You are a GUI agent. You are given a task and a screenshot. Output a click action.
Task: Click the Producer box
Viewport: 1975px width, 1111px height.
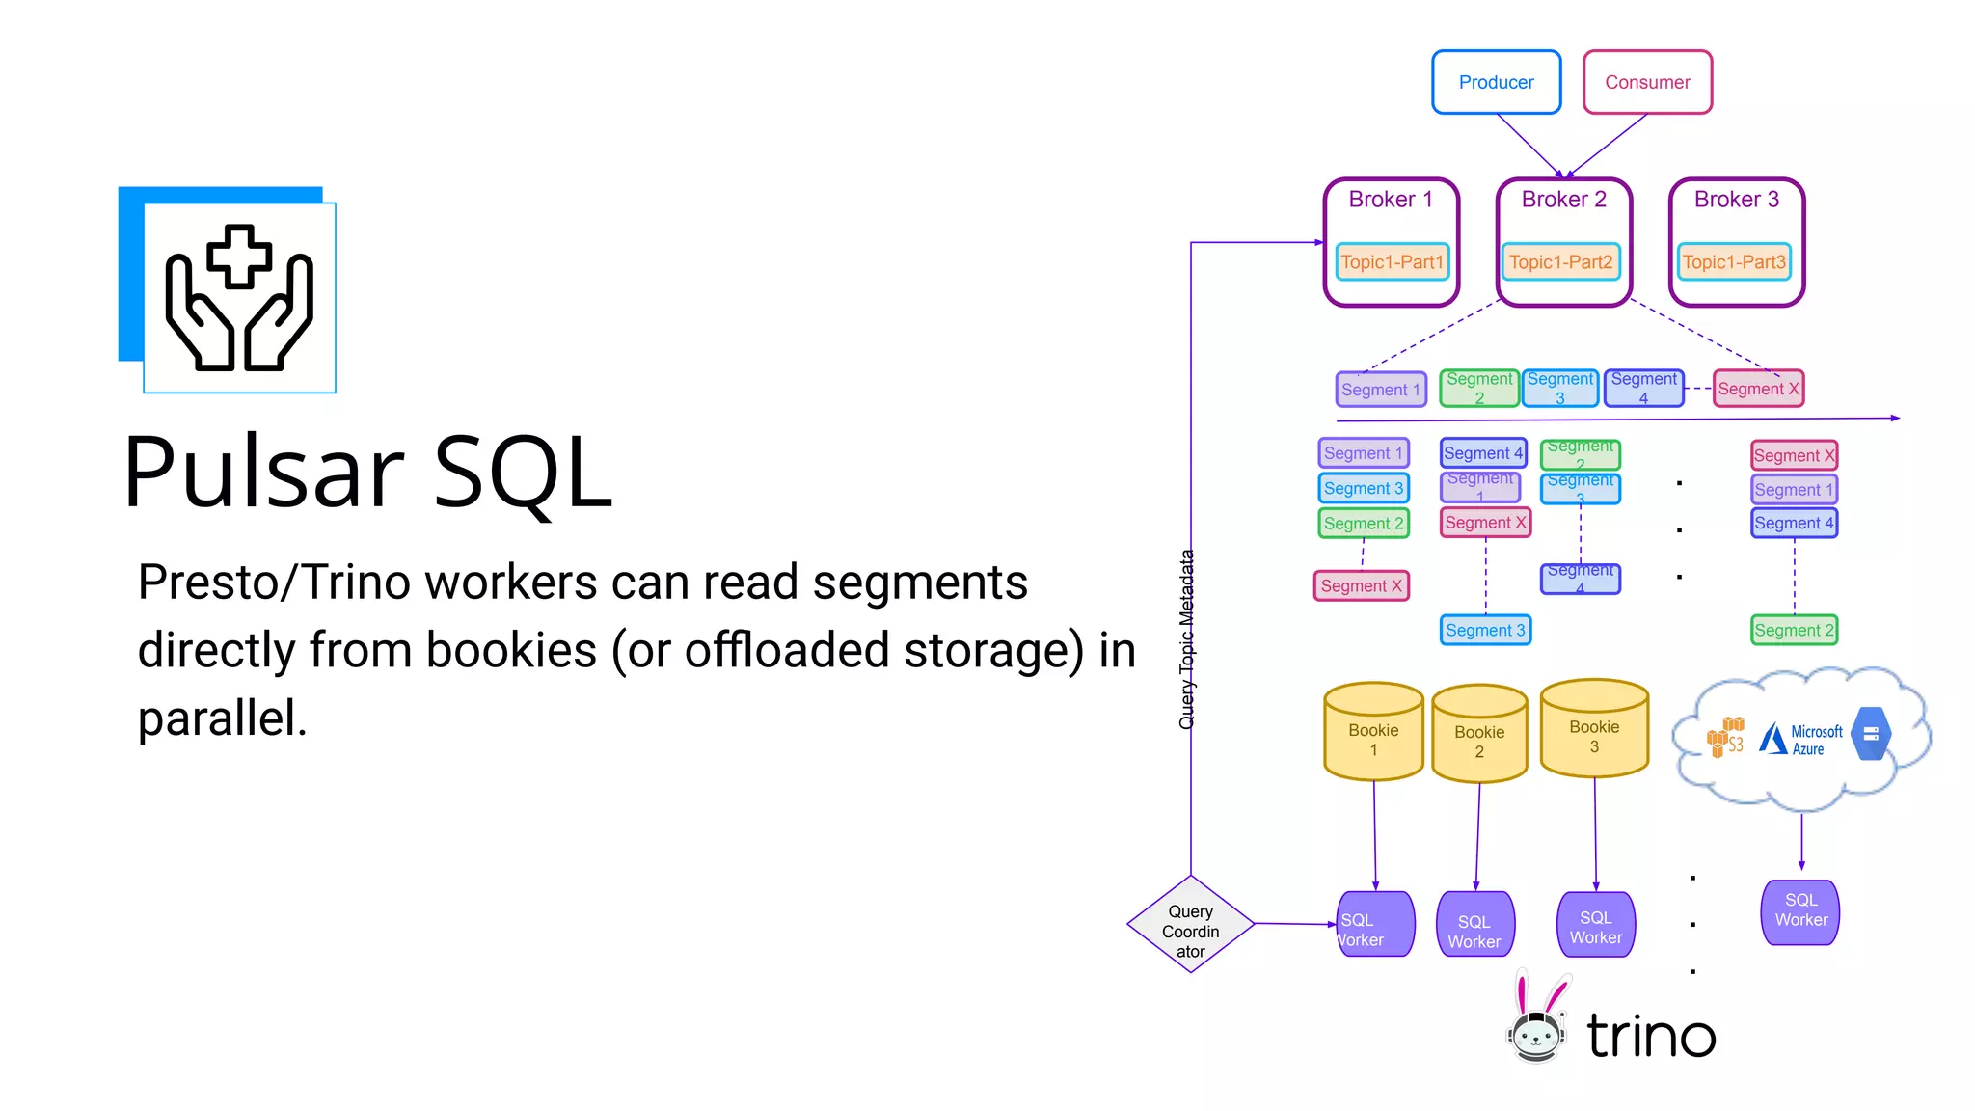[1496, 83]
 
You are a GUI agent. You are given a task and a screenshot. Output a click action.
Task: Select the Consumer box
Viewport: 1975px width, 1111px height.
[1647, 83]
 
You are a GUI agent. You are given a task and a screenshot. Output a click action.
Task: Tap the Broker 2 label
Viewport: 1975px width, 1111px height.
[1563, 200]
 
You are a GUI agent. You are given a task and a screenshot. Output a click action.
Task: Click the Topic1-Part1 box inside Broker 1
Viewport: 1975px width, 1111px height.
[1392, 262]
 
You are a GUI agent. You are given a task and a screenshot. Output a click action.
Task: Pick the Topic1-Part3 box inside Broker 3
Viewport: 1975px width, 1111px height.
[1734, 262]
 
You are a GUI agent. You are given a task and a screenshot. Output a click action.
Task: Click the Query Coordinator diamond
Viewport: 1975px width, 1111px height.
[1191, 925]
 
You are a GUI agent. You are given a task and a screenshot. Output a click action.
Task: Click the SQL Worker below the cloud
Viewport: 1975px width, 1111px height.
[1800, 910]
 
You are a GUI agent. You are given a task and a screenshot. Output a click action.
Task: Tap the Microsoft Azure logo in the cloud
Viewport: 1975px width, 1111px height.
[1799, 740]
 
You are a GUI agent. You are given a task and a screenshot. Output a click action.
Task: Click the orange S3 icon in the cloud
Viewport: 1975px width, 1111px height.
[1725, 738]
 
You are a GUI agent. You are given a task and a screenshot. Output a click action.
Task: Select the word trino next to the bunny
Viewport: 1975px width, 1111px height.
[1651, 1036]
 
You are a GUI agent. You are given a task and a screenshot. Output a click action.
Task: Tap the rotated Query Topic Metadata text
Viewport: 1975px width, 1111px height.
[1187, 639]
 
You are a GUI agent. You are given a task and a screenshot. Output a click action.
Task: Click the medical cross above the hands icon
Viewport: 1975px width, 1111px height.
[239, 257]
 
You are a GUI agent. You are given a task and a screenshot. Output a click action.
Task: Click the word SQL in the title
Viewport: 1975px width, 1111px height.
[522, 473]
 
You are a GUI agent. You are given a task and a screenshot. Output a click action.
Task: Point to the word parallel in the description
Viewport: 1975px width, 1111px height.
[222, 718]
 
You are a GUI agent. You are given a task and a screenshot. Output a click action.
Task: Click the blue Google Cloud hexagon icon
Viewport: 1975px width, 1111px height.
[1870, 734]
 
